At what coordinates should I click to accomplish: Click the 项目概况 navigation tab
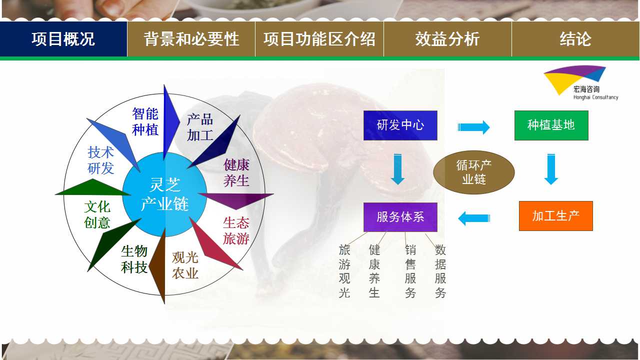tap(63, 39)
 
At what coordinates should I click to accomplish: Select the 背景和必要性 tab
tap(191, 39)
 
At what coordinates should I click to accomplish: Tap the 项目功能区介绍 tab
tap(319, 39)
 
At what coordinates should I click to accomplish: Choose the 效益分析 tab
tap(447, 39)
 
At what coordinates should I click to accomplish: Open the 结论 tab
tap(575, 39)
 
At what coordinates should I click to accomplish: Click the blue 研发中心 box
tap(400, 125)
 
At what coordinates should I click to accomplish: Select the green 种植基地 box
tap(551, 125)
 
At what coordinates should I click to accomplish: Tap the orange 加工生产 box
tap(556, 216)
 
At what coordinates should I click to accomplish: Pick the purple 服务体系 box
tap(400, 217)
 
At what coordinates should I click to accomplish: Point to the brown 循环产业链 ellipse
tap(474, 172)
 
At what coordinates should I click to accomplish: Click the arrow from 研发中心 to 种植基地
tap(473, 127)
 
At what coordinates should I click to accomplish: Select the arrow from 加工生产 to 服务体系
tap(474, 218)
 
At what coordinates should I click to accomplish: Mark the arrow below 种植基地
tap(551, 169)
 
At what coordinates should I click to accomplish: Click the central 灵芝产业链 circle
tap(164, 194)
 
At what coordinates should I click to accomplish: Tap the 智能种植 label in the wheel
tap(145, 121)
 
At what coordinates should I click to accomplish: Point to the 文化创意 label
tap(97, 214)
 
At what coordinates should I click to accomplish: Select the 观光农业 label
tap(185, 265)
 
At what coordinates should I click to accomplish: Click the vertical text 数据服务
tap(440, 271)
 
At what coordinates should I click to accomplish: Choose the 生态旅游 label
tap(236, 230)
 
